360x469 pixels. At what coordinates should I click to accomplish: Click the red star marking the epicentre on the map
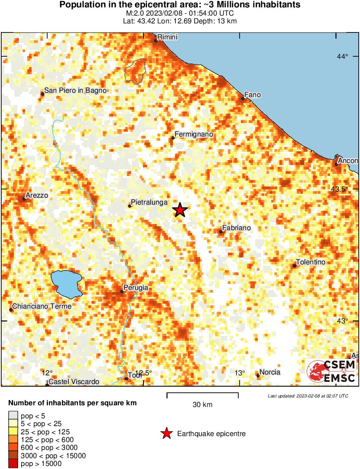(x=180, y=210)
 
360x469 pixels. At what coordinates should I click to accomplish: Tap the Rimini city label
(x=167, y=37)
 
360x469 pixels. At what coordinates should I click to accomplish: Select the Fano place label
(x=252, y=94)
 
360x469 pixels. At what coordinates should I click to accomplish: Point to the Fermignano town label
(x=194, y=134)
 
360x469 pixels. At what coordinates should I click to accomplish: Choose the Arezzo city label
(x=37, y=195)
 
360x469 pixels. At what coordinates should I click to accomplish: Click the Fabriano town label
(x=236, y=228)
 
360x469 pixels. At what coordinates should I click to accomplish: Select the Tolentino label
(x=310, y=262)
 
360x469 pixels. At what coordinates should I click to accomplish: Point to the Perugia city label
(x=136, y=287)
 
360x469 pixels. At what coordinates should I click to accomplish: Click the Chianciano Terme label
(x=42, y=306)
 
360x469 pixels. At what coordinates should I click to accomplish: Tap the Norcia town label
(x=269, y=372)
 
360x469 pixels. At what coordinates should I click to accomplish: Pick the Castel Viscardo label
(x=74, y=382)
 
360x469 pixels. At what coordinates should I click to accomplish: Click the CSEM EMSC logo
(x=331, y=372)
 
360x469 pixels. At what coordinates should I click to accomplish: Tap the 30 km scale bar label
(x=202, y=405)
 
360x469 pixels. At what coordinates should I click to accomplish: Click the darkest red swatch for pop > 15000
(x=13, y=463)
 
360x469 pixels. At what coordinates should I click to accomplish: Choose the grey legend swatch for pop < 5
(x=13, y=416)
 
